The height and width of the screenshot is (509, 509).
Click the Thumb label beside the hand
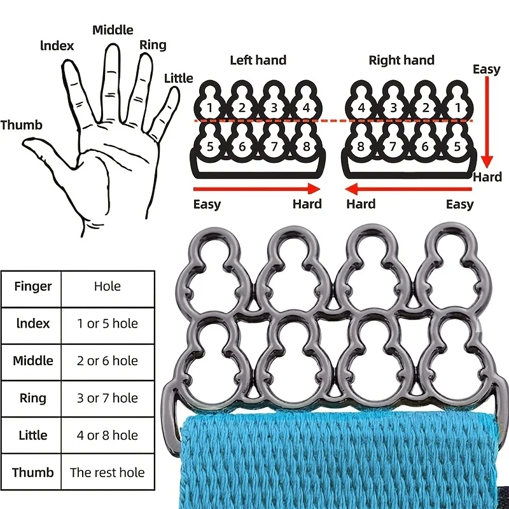21,125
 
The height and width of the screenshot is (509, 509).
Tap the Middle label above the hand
113,30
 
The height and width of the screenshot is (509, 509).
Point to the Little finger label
178,78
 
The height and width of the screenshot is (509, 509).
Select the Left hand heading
258,60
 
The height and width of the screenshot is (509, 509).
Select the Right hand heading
401,60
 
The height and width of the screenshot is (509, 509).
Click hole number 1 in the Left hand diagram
210,108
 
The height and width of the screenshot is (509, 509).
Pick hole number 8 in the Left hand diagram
306,147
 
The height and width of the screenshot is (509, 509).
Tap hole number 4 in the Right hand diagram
361,108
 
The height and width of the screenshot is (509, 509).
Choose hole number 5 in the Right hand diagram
457,147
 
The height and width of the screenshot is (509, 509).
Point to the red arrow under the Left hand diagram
257,188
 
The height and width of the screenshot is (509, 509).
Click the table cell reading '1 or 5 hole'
108,323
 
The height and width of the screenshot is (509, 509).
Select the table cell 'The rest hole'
108,472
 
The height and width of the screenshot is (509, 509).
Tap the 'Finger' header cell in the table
32,286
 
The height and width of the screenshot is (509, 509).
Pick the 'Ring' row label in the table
32,398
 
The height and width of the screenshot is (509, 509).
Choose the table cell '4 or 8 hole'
108,435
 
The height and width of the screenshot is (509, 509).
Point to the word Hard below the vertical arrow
487,177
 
